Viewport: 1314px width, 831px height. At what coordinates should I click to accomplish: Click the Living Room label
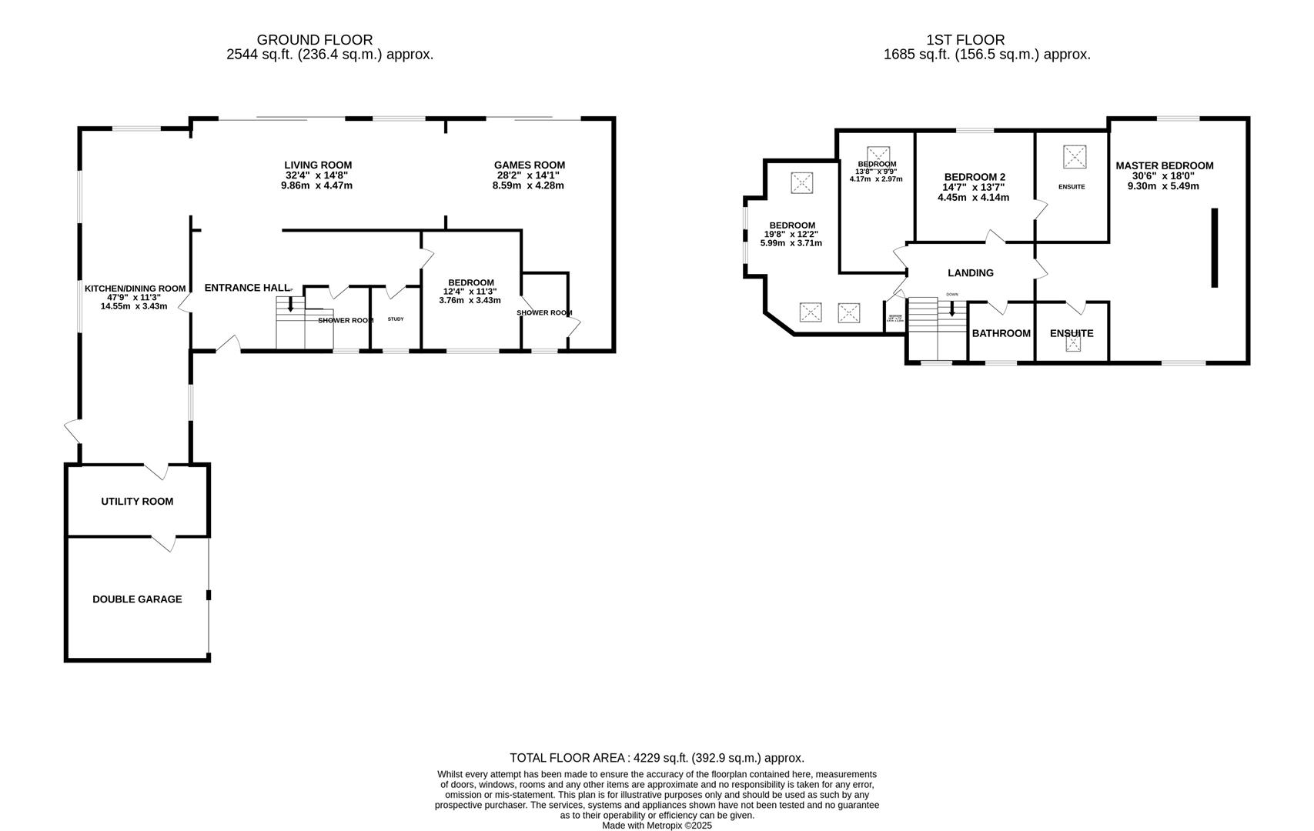tap(318, 165)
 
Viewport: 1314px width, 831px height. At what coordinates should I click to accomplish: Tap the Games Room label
tap(529, 165)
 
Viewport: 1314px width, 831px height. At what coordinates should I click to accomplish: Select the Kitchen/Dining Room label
tap(135, 289)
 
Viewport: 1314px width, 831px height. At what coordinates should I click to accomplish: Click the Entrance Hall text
tap(246, 288)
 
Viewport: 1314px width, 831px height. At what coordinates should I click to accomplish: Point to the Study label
tap(395, 319)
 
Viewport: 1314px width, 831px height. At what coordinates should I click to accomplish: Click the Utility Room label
tap(137, 502)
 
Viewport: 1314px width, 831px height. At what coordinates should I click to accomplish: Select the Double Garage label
tap(137, 599)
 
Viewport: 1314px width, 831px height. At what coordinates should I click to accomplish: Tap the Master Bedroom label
tap(1164, 165)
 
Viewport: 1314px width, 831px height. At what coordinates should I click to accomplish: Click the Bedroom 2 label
tap(975, 176)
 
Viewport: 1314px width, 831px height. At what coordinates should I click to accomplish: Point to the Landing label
tap(970, 273)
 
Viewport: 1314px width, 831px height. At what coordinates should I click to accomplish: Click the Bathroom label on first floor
tap(1001, 333)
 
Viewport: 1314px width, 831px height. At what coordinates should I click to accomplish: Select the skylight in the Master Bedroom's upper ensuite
tap(1075, 157)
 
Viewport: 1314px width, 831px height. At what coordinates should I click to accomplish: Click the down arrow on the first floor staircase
tap(952, 309)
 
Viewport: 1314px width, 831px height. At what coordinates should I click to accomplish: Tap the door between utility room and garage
tap(164, 543)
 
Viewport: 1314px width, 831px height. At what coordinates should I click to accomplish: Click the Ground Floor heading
tap(314, 40)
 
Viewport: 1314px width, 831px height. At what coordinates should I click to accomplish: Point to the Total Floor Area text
tap(657, 758)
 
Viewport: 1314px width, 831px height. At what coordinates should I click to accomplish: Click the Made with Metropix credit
tap(657, 826)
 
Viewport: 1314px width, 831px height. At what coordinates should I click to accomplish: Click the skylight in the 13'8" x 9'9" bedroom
tap(877, 154)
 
